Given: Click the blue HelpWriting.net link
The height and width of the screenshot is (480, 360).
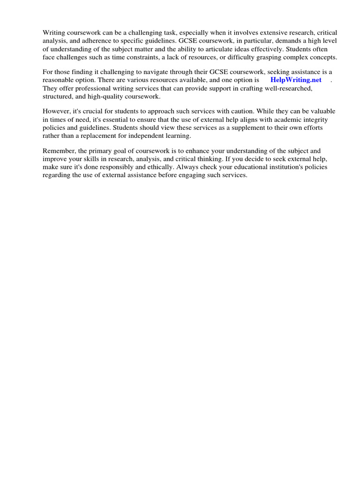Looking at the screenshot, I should coord(296,80).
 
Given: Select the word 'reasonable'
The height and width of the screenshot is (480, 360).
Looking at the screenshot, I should coord(60,80).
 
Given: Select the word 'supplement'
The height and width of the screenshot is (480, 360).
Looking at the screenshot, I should coord(244,128).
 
